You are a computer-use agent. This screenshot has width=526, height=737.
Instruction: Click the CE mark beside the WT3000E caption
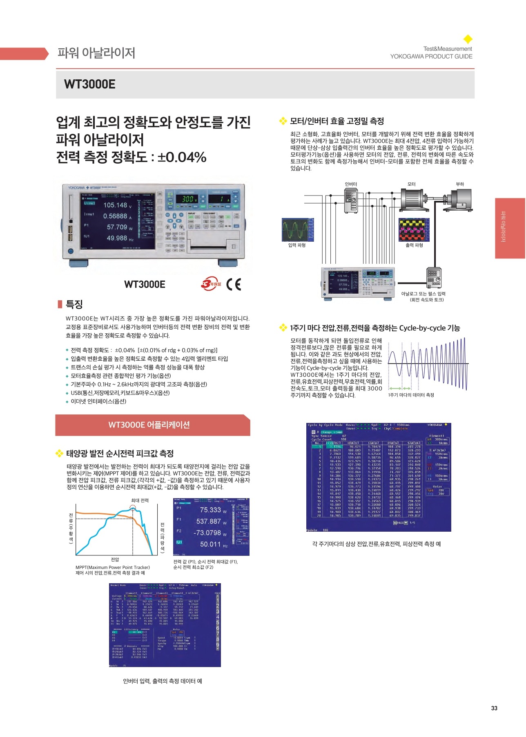coord(234,284)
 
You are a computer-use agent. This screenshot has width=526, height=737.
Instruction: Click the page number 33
coord(494,708)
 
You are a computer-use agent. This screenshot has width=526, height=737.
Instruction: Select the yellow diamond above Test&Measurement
coord(468,39)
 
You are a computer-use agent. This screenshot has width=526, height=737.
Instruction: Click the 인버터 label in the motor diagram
coord(351,184)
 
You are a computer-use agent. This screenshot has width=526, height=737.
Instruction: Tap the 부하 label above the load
coord(460,184)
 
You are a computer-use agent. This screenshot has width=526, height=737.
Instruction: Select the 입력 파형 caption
coord(297,245)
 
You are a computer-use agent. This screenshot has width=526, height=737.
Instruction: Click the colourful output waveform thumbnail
coord(414,229)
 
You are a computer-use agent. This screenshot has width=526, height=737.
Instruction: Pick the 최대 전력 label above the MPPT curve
coord(140,500)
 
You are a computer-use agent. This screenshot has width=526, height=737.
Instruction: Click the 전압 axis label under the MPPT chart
coord(115,559)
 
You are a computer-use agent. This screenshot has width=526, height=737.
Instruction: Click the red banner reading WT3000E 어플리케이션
coord(149,425)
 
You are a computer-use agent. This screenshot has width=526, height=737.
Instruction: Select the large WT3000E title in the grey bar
coord(90,84)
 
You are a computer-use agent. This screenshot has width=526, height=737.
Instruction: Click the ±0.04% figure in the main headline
coord(182,157)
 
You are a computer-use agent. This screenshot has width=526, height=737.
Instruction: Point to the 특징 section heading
coord(74,304)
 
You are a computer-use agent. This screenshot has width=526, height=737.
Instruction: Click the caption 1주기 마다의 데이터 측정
coord(411,395)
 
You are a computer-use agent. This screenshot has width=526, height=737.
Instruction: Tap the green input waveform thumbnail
coord(298,229)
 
